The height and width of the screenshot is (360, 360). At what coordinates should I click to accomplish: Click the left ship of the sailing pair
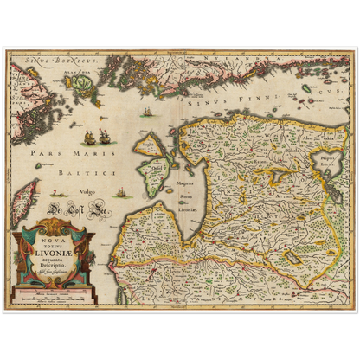[88, 136]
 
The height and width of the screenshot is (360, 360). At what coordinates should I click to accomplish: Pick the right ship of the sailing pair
[104, 136]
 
